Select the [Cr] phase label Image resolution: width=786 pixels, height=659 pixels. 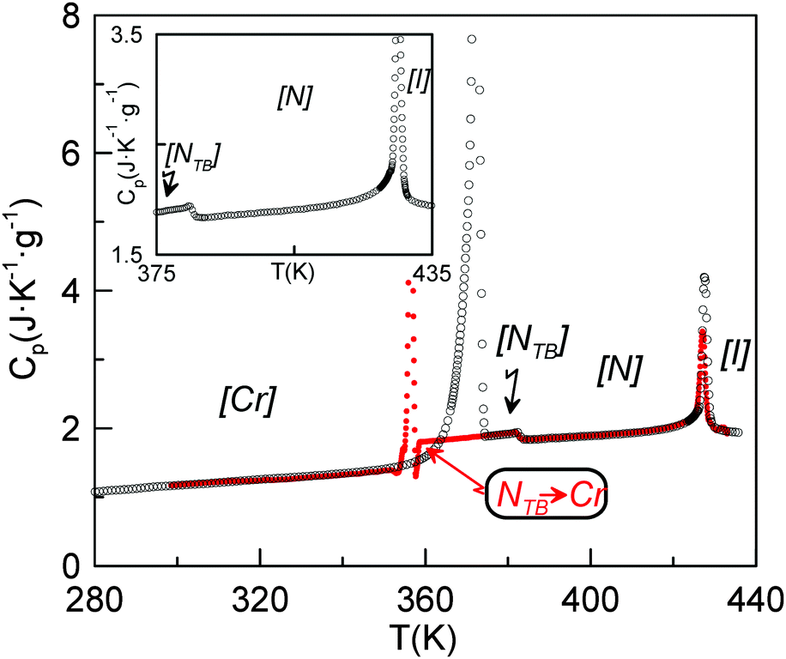[x=245, y=402]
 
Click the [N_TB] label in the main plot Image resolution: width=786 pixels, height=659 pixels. [x=533, y=342]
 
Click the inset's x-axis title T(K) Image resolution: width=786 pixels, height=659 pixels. [x=287, y=274]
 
